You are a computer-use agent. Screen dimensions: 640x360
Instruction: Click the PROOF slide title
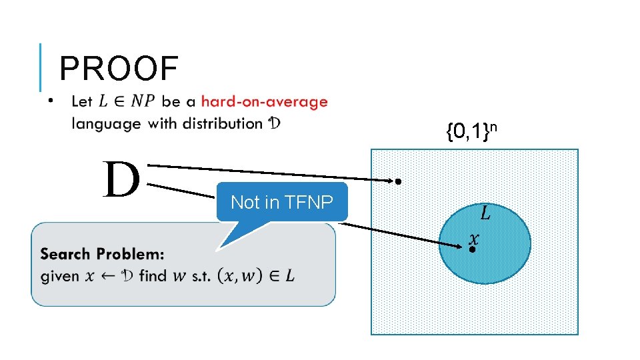[x=119, y=69]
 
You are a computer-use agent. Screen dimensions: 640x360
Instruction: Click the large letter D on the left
[x=121, y=180]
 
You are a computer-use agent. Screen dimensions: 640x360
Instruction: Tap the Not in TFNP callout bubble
[x=281, y=202]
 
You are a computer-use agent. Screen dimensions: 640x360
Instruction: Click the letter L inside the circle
[x=485, y=213]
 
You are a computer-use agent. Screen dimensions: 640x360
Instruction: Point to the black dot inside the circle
[x=471, y=249]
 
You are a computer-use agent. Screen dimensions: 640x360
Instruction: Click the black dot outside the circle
[x=397, y=181]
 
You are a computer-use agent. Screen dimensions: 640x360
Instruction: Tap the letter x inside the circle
[x=474, y=237]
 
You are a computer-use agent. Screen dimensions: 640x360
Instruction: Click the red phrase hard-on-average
[x=264, y=102]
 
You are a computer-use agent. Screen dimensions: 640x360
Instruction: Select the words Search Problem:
[x=102, y=254]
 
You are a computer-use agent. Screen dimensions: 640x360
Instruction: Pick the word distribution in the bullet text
[x=222, y=123]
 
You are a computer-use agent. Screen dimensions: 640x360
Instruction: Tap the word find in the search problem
[x=153, y=275]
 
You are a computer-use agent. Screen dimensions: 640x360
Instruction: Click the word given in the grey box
[x=60, y=275]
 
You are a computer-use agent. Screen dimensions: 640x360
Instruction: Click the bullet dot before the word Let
[x=50, y=102]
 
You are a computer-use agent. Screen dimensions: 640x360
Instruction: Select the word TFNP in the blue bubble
[x=308, y=202]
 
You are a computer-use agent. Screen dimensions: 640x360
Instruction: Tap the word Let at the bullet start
[x=81, y=102]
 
